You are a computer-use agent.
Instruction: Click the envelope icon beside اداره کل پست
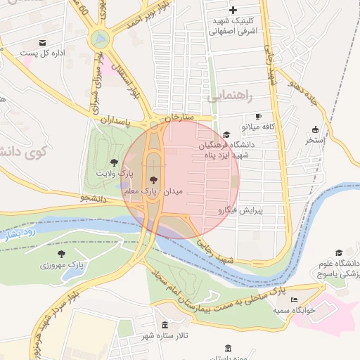pyautogui.click(x=43, y=43)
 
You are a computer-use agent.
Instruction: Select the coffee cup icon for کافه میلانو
pyautogui.click(x=258, y=116)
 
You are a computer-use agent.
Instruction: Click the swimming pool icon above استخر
pyautogui.click(x=315, y=129)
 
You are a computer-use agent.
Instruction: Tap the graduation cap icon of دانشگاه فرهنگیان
pyautogui.click(x=226, y=134)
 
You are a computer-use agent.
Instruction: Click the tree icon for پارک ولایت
pyautogui.click(x=114, y=162)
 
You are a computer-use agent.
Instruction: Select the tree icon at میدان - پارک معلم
pyautogui.click(x=154, y=181)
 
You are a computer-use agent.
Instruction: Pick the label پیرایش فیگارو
pyautogui.click(x=240, y=210)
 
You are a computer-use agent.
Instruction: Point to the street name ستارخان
pyautogui.click(x=179, y=116)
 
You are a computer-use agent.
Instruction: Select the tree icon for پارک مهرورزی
pyautogui.click(x=61, y=254)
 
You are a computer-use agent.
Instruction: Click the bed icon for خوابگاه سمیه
pyautogui.click(x=295, y=300)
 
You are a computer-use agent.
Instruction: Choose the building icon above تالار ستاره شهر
pyautogui.click(x=165, y=325)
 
